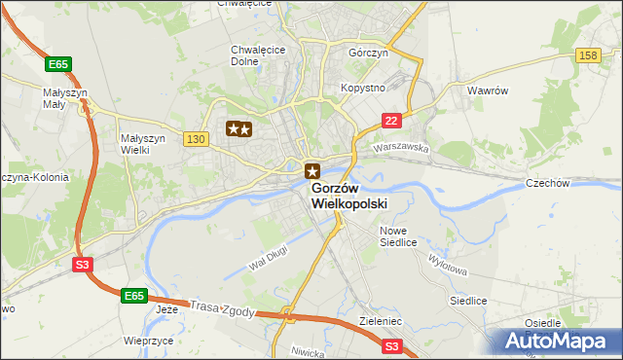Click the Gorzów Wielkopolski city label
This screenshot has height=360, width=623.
coord(349,196)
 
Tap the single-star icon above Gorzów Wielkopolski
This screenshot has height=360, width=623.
coord(311,170)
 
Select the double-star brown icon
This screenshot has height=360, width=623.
coord(239,128)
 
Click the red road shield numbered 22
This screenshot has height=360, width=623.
coord(390,120)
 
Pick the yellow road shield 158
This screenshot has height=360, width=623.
coord(587,55)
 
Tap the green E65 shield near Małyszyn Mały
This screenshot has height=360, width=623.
coord(58,63)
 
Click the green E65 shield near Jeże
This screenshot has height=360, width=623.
coord(133,294)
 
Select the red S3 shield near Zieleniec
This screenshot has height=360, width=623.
coord(391,345)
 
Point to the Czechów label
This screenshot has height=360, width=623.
coord(573,183)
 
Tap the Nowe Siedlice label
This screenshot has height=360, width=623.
coord(398,236)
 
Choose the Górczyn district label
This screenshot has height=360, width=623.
coord(368,53)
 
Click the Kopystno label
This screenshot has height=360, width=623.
coord(363,88)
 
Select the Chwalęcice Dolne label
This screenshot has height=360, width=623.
coord(256,56)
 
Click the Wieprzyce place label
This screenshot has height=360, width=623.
coord(149,342)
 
